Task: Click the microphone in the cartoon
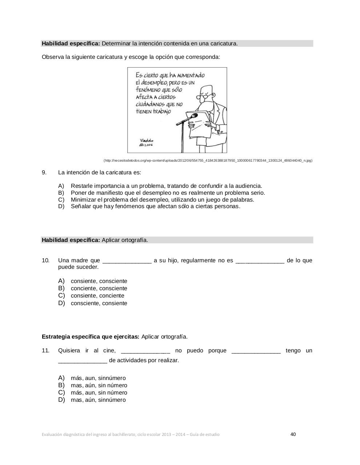click(193, 116)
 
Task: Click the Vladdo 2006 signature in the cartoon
click(147, 142)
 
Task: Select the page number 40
click(293, 434)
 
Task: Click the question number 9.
click(44, 172)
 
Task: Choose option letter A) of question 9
click(61, 186)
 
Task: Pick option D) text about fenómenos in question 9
click(155, 206)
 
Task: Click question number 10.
click(45, 260)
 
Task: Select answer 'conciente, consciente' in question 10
click(99, 288)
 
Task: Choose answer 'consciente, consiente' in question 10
click(99, 303)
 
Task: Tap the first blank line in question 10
click(127, 260)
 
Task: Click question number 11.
click(45, 351)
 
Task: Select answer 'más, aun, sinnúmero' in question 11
click(98, 378)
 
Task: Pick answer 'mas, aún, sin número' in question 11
click(99, 385)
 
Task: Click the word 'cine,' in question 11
click(109, 351)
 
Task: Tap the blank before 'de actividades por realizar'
click(83, 361)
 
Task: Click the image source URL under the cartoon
click(208, 161)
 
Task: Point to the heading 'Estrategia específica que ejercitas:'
click(91, 336)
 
